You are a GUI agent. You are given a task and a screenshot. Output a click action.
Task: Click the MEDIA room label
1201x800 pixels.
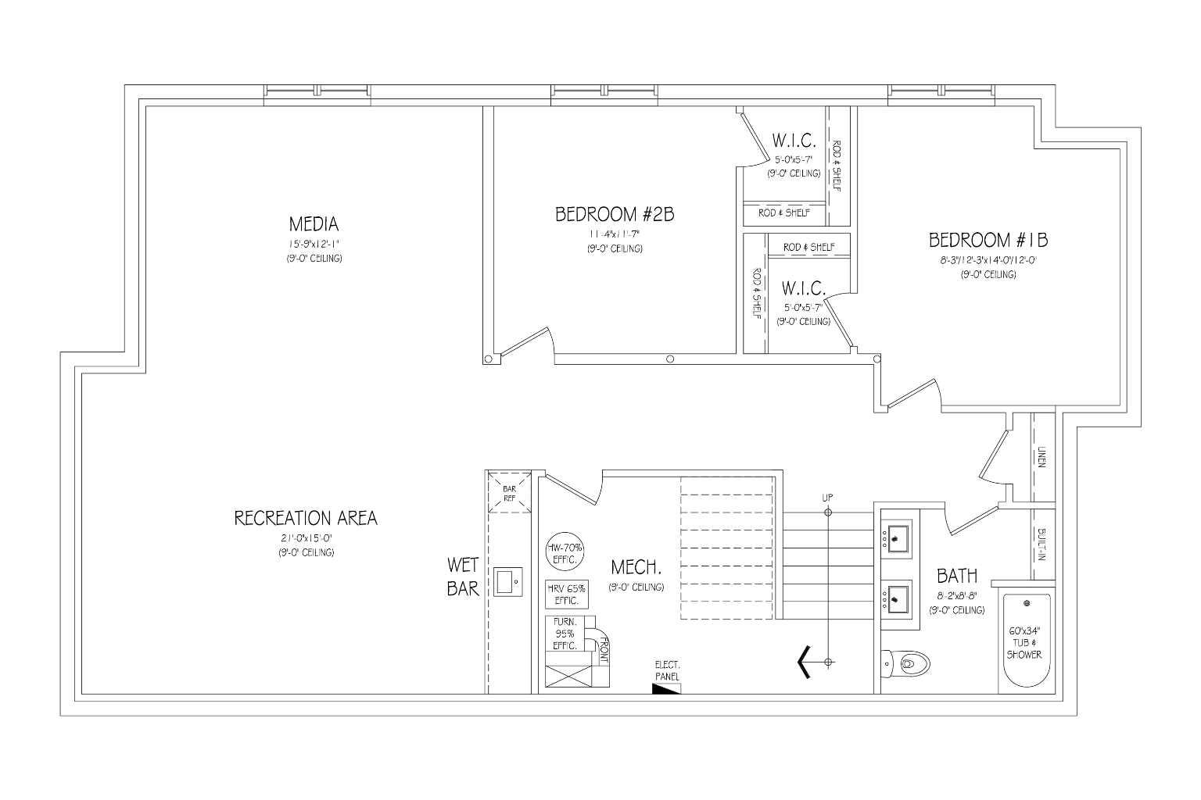pyautogui.click(x=314, y=224)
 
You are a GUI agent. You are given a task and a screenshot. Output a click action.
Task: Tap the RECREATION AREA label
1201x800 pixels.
pyautogui.click(x=306, y=518)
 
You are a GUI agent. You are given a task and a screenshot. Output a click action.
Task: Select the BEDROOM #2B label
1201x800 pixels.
pyautogui.click(x=615, y=214)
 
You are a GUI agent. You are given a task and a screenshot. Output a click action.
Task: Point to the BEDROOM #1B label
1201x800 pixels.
pyautogui.click(x=988, y=239)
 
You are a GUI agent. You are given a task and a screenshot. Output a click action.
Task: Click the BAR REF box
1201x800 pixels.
pyautogui.click(x=509, y=493)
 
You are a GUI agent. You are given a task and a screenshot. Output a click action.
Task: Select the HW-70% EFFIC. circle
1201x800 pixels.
pyautogui.click(x=565, y=553)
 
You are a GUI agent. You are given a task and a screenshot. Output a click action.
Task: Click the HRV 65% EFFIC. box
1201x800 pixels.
pyautogui.click(x=566, y=595)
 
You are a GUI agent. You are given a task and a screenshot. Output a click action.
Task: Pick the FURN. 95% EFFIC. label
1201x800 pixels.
pyautogui.click(x=565, y=634)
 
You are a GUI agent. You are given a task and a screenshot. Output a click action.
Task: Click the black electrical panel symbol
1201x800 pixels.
pyautogui.click(x=666, y=688)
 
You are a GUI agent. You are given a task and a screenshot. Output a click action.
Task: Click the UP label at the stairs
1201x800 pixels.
pyautogui.click(x=828, y=498)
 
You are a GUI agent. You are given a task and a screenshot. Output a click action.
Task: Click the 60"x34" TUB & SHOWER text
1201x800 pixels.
pyautogui.click(x=1024, y=642)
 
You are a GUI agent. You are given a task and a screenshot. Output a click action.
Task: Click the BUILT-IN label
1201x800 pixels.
pyautogui.click(x=1041, y=545)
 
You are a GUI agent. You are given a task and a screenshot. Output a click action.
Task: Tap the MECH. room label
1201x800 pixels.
pyautogui.click(x=636, y=566)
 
